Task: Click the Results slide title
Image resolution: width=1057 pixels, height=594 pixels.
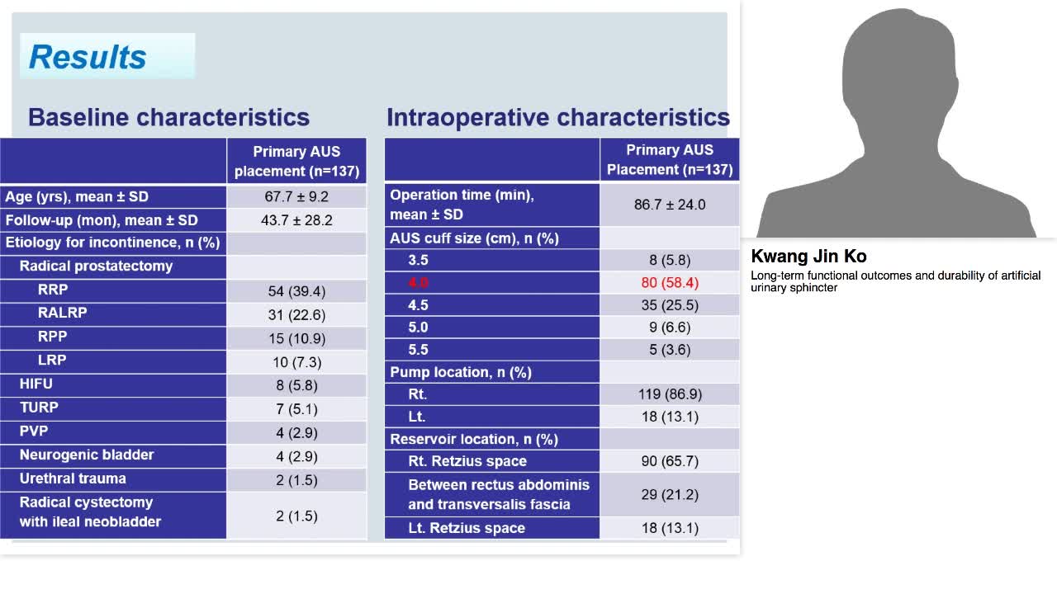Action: pos(88,57)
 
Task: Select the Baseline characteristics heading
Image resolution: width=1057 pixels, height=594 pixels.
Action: pos(168,117)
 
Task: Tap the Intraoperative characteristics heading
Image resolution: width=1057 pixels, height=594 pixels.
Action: pos(557,117)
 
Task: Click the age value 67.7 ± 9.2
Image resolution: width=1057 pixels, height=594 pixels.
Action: pos(296,197)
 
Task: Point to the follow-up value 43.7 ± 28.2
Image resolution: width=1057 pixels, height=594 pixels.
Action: pos(296,220)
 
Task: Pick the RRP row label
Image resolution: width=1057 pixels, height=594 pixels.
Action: pos(53,290)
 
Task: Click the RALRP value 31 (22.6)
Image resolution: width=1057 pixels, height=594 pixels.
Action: pos(296,314)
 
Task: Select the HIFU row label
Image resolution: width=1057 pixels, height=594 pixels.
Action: pos(36,384)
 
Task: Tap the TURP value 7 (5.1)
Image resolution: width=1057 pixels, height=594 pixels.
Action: pos(296,409)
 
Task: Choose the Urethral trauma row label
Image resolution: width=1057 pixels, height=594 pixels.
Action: pos(73,478)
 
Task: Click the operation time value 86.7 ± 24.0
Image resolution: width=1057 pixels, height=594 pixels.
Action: pos(670,205)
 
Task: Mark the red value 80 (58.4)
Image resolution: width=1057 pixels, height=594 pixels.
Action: pos(670,283)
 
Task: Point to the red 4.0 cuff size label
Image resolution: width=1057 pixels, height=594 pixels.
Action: pos(418,283)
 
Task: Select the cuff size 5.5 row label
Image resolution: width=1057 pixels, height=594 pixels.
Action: pos(418,350)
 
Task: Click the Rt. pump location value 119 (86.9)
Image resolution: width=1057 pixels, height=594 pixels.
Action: pos(670,394)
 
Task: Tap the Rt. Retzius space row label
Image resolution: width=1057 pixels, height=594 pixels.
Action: pos(467,461)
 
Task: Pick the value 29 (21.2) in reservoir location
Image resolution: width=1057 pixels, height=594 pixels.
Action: pos(670,494)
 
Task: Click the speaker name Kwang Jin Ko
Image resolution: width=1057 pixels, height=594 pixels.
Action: pos(808,257)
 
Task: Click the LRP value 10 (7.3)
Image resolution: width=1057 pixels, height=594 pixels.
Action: pos(296,362)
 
